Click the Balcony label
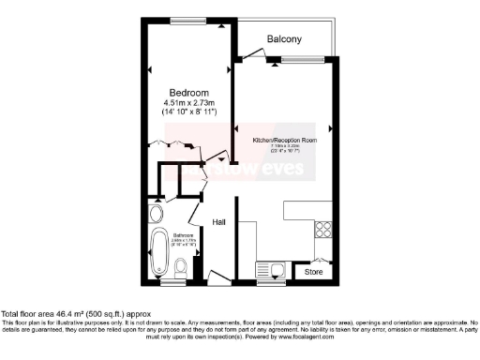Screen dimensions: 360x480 [x=284, y=39]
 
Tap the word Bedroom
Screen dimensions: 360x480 [x=189, y=91]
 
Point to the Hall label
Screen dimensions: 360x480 [x=219, y=222]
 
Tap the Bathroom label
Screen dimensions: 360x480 [x=182, y=234]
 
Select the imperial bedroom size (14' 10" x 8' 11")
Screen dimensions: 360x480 [x=189, y=112]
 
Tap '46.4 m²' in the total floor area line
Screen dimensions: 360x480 [x=68, y=314]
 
